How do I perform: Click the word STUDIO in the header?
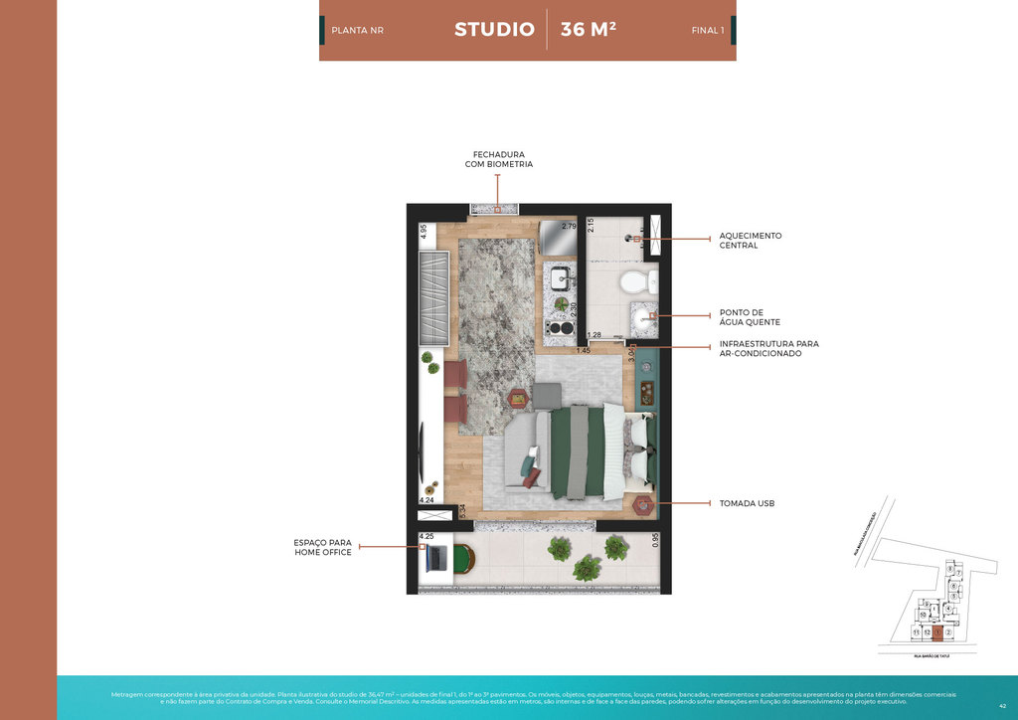pyautogui.click(x=494, y=30)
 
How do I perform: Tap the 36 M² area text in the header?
pyautogui.click(x=588, y=30)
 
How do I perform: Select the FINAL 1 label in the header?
pyautogui.click(x=707, y=31)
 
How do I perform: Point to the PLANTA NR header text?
pyautogui.click(x=357, y=31)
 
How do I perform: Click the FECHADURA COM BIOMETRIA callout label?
pyautogui.click(x=498, y=159)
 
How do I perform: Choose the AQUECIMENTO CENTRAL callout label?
pyautogui.click(x=751, y=241)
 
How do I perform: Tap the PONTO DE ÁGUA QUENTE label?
pyautogui.click(x=750, y=317)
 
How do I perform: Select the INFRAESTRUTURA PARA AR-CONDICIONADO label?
pyautogui.click(x=768, y=348)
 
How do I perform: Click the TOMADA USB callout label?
pyautogui.click(x=747, y=504)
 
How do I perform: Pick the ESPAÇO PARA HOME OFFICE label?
pyautogui.click(x=322, y=547)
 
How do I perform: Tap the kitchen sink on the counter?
pyautogui.click(x=560, y=277)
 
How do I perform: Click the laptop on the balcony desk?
pyautogui.click(x=435, y=559)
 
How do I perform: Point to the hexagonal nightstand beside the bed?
pyautogui.click(x=643, y=504)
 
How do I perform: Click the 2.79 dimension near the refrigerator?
pyautogui.click(x=569, y=227)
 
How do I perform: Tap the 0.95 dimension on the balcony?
pyautogui.click(x=655, y=540)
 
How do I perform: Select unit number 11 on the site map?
pyautogui.click(x=915, y=632)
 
